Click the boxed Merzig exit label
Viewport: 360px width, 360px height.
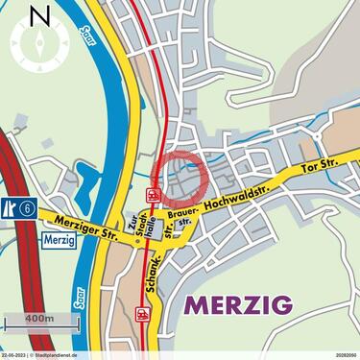tap(60, 240)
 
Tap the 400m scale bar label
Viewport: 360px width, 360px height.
tap(41, 318)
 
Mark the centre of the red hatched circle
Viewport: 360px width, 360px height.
tap(178, 178)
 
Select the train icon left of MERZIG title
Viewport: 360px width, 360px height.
tap(144, 313)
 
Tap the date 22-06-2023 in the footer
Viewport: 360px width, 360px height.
tap(14, 355)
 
